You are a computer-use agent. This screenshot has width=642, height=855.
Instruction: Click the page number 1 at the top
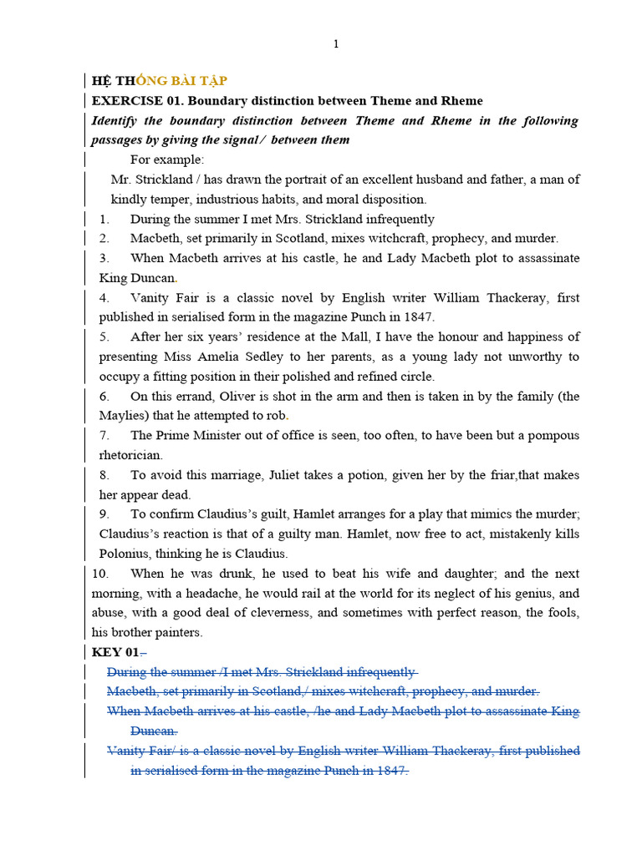336,44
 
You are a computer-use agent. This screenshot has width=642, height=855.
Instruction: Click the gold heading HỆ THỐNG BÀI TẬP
159,81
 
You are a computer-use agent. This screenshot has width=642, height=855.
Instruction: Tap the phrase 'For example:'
167,159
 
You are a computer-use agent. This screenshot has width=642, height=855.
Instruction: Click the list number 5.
104,337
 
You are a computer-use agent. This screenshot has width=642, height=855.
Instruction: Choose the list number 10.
100,574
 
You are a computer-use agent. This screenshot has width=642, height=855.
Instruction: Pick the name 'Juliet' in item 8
286,475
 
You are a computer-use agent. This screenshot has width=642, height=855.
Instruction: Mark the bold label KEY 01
115,652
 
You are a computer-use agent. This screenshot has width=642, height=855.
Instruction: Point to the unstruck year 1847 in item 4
417,317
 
